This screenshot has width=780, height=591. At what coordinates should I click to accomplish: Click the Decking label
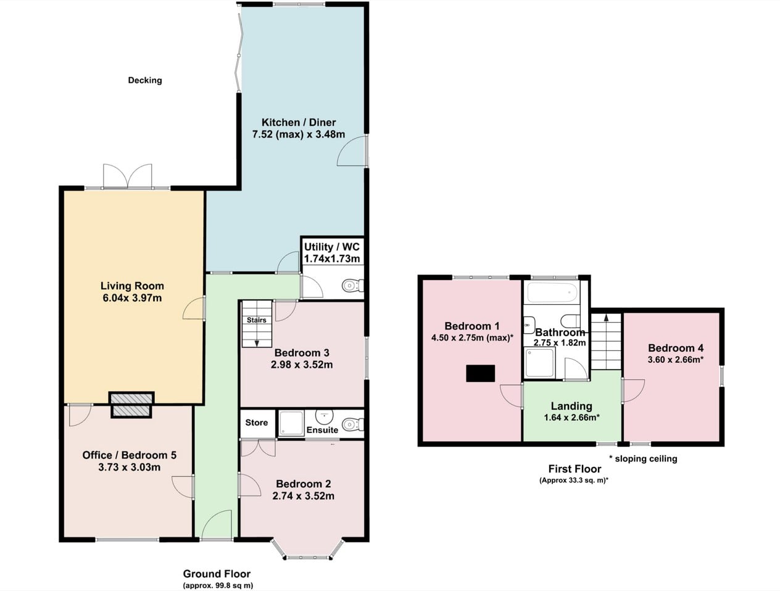(145, 80)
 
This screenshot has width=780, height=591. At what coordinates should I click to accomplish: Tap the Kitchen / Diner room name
(299, 123)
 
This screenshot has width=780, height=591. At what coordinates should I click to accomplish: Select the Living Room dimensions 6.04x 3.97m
(132, 298)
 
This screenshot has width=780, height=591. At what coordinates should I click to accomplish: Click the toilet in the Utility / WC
(353, 285)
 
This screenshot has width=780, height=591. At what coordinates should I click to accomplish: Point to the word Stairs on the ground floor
(257, 320)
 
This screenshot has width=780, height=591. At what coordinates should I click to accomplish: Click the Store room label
(257, 423)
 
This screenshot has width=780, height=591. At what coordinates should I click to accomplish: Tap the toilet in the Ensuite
(353, 424)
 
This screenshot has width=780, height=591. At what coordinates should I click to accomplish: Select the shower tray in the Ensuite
(291, 423)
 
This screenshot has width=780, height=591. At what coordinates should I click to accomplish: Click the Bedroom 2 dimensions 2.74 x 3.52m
(304, 496)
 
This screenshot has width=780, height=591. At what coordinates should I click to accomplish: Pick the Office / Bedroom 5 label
(130, 455)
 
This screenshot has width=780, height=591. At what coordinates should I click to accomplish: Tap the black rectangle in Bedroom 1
(481, 373)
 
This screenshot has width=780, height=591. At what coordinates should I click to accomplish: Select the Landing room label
(571, 406)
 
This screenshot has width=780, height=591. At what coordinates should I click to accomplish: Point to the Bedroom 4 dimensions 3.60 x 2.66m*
(676, 360)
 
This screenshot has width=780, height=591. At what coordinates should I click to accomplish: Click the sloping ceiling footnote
(643, 458)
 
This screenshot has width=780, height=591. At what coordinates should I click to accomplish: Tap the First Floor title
(575, 469)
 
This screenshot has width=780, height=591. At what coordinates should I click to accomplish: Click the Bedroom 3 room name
(302, 353)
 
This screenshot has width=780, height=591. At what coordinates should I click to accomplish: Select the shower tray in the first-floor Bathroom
(540, 363)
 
